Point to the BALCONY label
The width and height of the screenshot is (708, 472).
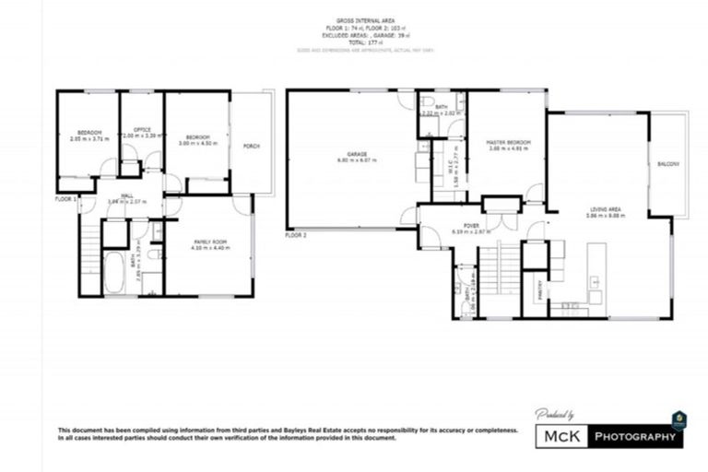[668, 164]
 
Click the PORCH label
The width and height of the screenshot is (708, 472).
[251, 146]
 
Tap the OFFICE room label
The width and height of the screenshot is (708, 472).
[143, 129]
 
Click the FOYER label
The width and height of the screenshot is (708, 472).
[471, 224]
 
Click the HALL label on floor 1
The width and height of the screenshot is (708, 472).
[115, 195]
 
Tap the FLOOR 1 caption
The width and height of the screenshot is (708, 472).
[65, 198]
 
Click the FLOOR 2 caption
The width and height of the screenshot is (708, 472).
[295, 235]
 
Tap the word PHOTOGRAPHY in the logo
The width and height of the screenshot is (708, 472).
[636, 436]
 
